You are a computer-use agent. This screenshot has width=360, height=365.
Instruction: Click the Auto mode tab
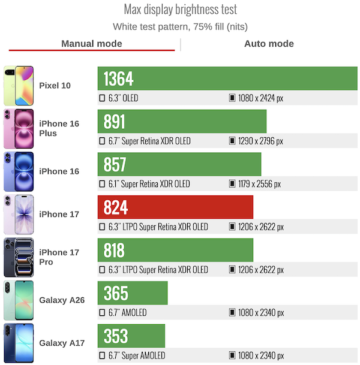pos(269,44)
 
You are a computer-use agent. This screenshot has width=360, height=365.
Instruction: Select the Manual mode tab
pos(92,44)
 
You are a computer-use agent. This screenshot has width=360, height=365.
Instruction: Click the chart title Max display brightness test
pos(180,10)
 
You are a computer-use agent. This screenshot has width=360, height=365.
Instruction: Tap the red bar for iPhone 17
pos(175,207)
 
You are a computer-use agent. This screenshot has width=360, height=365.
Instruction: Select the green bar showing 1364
pos(227,79)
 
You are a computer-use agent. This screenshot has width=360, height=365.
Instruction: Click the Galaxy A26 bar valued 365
pos(133,293)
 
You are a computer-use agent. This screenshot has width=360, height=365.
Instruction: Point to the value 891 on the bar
pos(115,122)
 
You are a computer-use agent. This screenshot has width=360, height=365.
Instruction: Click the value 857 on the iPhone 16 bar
pos(115,165)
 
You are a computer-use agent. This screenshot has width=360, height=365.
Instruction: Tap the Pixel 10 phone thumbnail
pos(19,85)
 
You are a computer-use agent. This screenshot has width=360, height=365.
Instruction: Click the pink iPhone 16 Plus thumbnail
pos(19,128)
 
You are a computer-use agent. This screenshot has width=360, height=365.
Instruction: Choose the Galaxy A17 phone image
pos(19,343)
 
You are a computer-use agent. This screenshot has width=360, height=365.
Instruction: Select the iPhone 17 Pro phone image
pos(19,257)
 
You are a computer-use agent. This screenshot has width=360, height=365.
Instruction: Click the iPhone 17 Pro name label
pos(59,257)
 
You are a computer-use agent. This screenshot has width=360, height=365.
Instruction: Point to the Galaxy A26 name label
pos(62,300)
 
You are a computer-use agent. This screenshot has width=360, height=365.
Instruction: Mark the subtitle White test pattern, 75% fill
pos(180,26)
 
